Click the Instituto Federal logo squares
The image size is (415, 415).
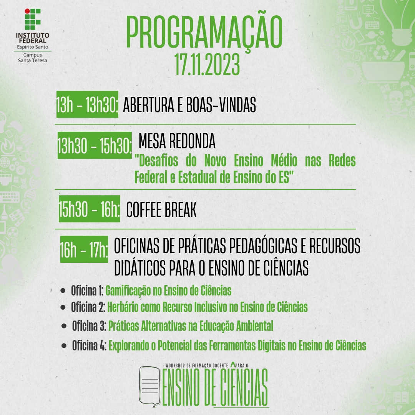[x=32, y=19]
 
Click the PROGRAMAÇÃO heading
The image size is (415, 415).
[x=204, y=32]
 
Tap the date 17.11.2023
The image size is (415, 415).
[x=207, y=64]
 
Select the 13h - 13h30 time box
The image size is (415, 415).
[x=87, y=105]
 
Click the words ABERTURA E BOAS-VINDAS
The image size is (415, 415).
[x=189, y=105]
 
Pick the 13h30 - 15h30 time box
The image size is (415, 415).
[x=95, y=146]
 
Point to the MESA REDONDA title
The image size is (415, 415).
[x=177, y=142]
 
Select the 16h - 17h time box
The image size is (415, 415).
[x=84, y=250]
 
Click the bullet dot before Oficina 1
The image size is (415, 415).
[x=63, y=291]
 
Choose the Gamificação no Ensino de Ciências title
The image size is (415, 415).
[x=168, y=291]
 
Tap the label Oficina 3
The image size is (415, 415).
[x=89, y=326]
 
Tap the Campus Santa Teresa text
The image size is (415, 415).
[x=32, y=58]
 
